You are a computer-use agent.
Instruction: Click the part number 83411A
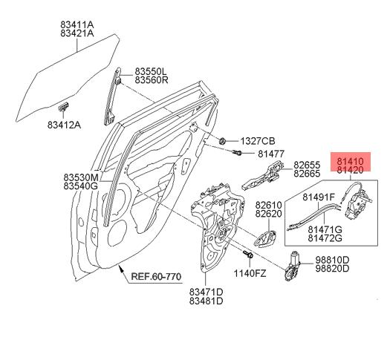(77, 24)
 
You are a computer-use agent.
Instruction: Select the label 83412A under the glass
(64, 125)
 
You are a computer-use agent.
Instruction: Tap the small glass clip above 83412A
(64, 106)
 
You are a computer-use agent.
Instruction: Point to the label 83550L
(151, 71)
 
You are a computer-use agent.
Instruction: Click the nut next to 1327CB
(222, 141)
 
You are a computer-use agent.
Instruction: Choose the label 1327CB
(258, 141)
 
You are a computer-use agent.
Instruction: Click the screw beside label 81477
(237, 152)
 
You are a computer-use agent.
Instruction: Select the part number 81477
(271, 154)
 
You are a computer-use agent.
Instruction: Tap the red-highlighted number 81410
(350, 162)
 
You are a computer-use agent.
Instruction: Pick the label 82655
(307, 165)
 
